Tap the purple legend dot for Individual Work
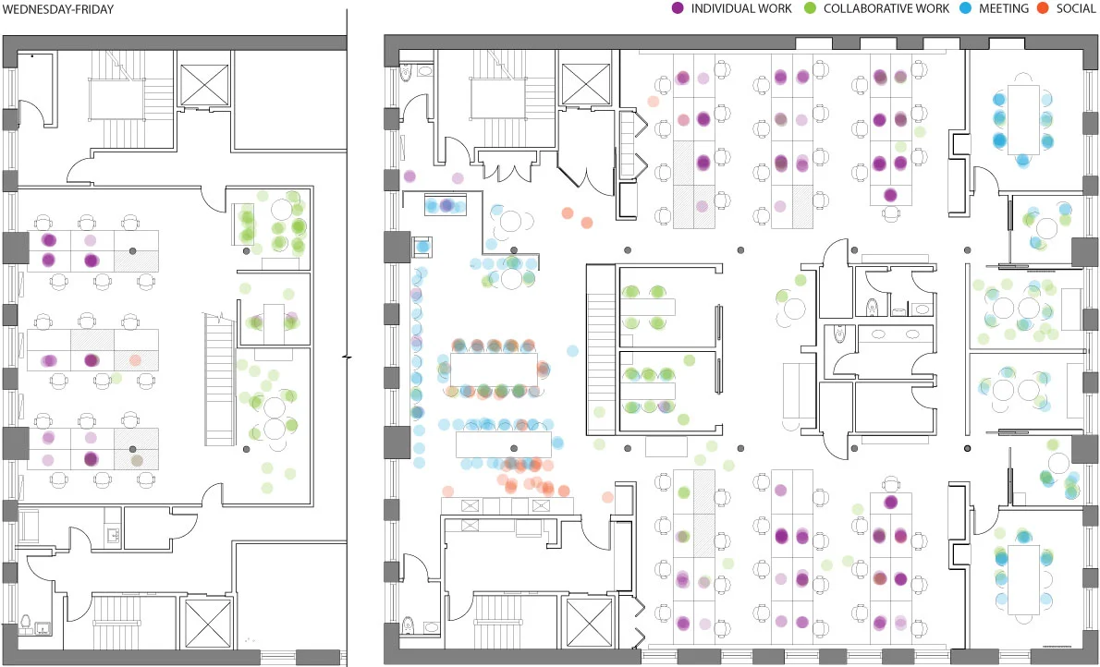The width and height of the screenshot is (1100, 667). click(x=678, y=8)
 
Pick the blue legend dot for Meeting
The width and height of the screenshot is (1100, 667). click(x=959, y=8)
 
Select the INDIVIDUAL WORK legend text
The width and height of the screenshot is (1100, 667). click(x=741, y=8)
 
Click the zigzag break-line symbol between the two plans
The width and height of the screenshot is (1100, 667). click(x=348, y=357)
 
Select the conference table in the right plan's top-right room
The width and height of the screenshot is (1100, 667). click(x=1023, y=120)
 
